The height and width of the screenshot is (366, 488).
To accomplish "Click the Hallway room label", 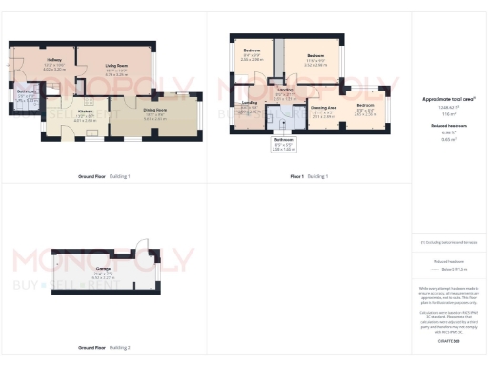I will coord(55,66).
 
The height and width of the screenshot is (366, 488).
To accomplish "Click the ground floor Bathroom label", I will coord(27,95).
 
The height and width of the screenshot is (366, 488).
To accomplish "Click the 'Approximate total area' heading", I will coord(448,99).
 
